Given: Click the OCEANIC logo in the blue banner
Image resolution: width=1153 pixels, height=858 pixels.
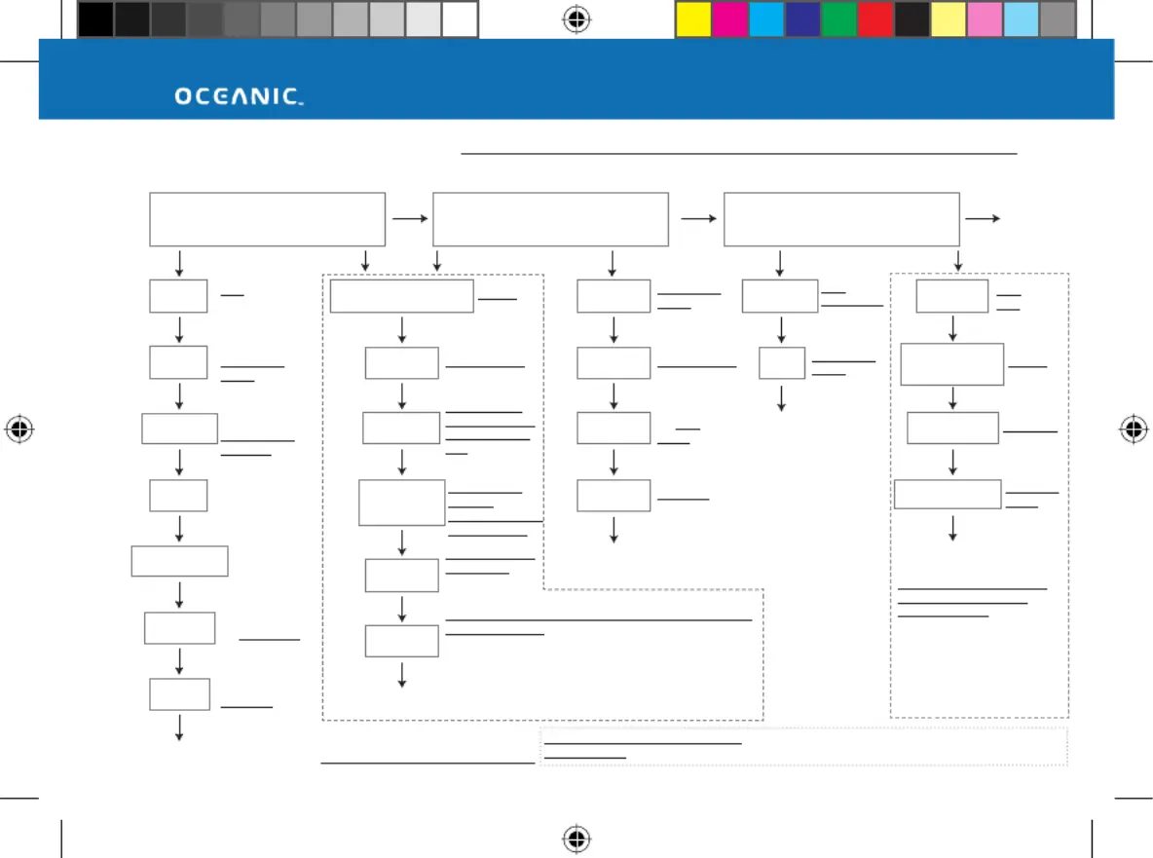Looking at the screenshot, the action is tap(239, 96).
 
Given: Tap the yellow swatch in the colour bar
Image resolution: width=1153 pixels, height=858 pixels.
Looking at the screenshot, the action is tap(693, 19).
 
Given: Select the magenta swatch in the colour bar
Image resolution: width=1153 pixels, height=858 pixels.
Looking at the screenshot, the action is tap(729, 19).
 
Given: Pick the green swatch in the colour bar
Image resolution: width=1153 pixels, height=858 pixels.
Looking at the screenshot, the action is tap(838, 19).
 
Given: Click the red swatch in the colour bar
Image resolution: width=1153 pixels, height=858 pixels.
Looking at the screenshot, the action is tap(875, 19).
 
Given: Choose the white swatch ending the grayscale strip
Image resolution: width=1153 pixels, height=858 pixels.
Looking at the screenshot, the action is tap(460, 19).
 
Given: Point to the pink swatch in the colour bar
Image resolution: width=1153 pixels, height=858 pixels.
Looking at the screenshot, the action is tap(985, 19).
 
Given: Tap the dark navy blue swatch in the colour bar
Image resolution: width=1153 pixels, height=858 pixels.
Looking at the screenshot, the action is tap(802, 19).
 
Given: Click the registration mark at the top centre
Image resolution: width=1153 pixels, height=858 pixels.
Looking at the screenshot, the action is tap(576, 19).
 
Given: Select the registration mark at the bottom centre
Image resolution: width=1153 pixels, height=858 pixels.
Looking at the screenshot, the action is tap(576, 839).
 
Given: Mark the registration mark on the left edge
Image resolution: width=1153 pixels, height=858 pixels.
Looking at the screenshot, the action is tap(19, 429).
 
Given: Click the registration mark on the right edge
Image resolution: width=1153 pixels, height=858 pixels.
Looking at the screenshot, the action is tap(1134, 429).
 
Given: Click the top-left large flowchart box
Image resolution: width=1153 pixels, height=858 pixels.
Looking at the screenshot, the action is tap(267, 219).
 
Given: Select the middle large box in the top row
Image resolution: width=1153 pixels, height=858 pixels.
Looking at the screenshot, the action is tap(551, 219).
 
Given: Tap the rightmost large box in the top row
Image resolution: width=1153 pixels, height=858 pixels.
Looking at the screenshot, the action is tap(842, 219).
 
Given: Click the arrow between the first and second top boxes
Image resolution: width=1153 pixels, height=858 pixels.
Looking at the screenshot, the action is tap(410, 218).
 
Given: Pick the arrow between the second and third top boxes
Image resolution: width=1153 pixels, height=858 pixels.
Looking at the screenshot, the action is tap(698, 218).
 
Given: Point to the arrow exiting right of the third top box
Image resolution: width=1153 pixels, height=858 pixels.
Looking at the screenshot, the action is tap(983, 218).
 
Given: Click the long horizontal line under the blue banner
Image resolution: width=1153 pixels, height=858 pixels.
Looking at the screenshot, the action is tap(739, 154).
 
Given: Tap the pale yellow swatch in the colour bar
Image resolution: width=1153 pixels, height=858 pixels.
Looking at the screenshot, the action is tap(948, 19).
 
